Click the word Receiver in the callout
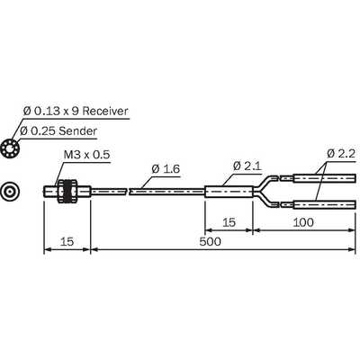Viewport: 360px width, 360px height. pos(105,111)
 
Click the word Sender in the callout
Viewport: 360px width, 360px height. pos(77,131)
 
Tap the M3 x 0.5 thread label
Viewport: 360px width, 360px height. pos(87,155)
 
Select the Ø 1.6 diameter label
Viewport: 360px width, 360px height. pos(166,169)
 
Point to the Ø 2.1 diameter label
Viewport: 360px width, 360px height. pos(247,166)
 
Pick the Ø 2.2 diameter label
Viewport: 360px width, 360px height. pos(341,154)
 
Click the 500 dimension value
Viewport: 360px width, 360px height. pos(210,241)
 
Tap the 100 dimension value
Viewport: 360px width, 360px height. pos(303,222)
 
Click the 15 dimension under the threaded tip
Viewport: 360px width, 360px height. pos(67,241)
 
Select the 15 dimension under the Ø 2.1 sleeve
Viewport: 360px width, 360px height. pos(229,222)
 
